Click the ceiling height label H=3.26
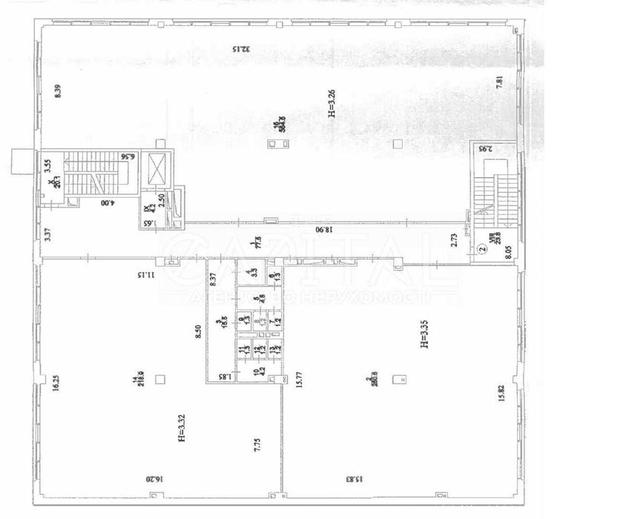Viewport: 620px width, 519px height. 333,103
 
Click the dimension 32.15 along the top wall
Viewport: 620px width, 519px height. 240,50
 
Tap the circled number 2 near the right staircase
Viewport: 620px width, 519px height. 481,251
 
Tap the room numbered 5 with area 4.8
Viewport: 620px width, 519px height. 254,301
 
